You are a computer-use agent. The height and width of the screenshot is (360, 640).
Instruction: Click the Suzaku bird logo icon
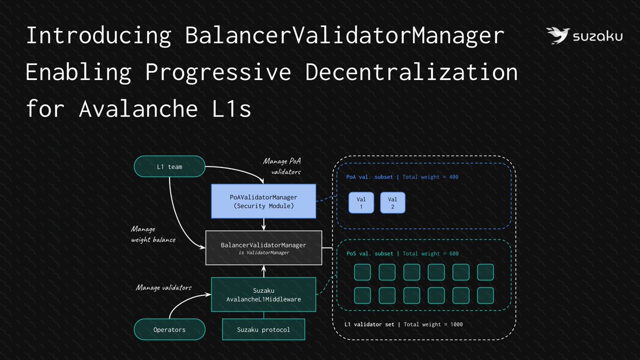click(557, 36)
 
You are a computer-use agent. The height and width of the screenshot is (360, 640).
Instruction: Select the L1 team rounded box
click(170, 166)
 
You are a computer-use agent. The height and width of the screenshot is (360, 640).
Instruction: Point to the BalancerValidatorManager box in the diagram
click(263, 247)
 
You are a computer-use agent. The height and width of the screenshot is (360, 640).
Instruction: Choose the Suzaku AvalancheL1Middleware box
click(263, 294)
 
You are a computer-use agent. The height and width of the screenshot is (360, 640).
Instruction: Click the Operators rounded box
click(170, 330)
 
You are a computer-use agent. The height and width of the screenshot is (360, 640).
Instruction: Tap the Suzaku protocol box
click(263, 330)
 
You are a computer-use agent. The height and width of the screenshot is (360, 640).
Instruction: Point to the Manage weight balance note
click(153, 234)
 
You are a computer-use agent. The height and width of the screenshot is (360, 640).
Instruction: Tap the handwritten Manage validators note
click(164, 288)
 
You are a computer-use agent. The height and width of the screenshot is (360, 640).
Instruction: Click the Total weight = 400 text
click(431, 177)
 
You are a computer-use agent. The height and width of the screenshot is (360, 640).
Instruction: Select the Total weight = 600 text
click(431, 254)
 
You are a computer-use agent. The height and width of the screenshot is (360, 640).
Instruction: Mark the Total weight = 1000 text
click(434, 324)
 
